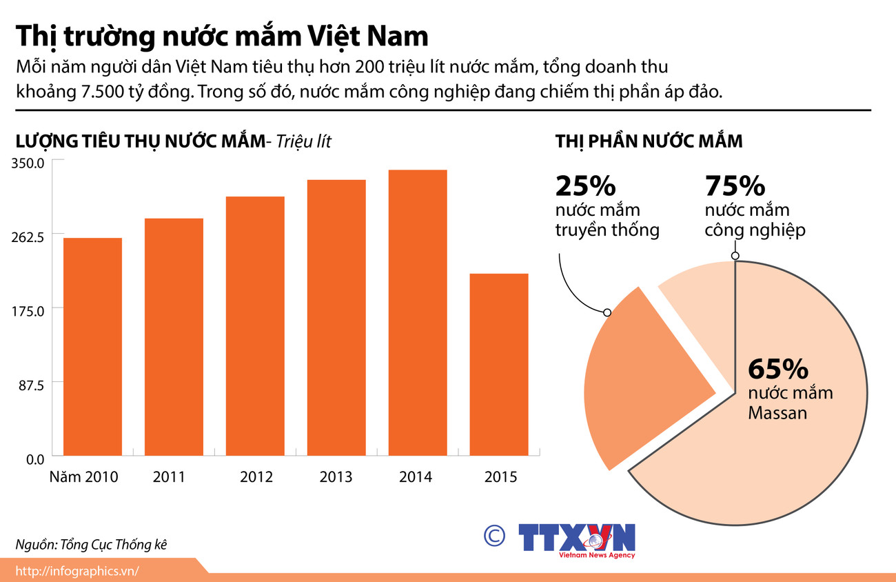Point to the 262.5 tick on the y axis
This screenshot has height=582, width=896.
[28, 237]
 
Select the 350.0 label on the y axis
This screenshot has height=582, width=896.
[28, 163]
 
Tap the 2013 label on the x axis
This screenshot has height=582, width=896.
[336, 476]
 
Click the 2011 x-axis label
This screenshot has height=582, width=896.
[169, 476]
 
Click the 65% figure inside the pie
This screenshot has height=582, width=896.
[777, 370]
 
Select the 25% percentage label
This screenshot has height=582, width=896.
[585, 186]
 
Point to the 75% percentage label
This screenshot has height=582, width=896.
[735, 186]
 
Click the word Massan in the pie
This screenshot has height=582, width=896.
[777, 414]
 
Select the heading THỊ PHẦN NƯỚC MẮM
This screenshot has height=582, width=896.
[649, 141]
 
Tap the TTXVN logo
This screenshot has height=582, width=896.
[576, 538]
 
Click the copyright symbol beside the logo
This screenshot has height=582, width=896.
[493, 536]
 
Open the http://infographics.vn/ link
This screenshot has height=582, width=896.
[77, 570]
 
